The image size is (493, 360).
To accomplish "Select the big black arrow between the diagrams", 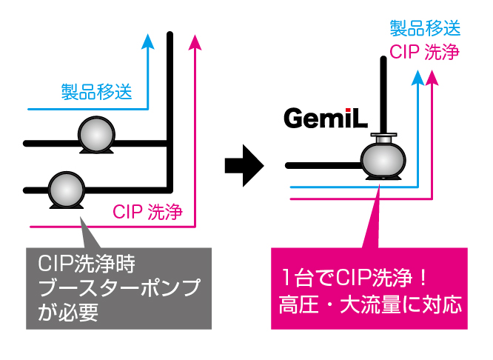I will [244, 162].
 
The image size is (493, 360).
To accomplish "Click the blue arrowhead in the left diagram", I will [147, 41].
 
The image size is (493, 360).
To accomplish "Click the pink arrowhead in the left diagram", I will [195, 41].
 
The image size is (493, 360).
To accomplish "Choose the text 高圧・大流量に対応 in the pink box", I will [370, 304].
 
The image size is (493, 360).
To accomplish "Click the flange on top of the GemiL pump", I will [383, 137].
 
